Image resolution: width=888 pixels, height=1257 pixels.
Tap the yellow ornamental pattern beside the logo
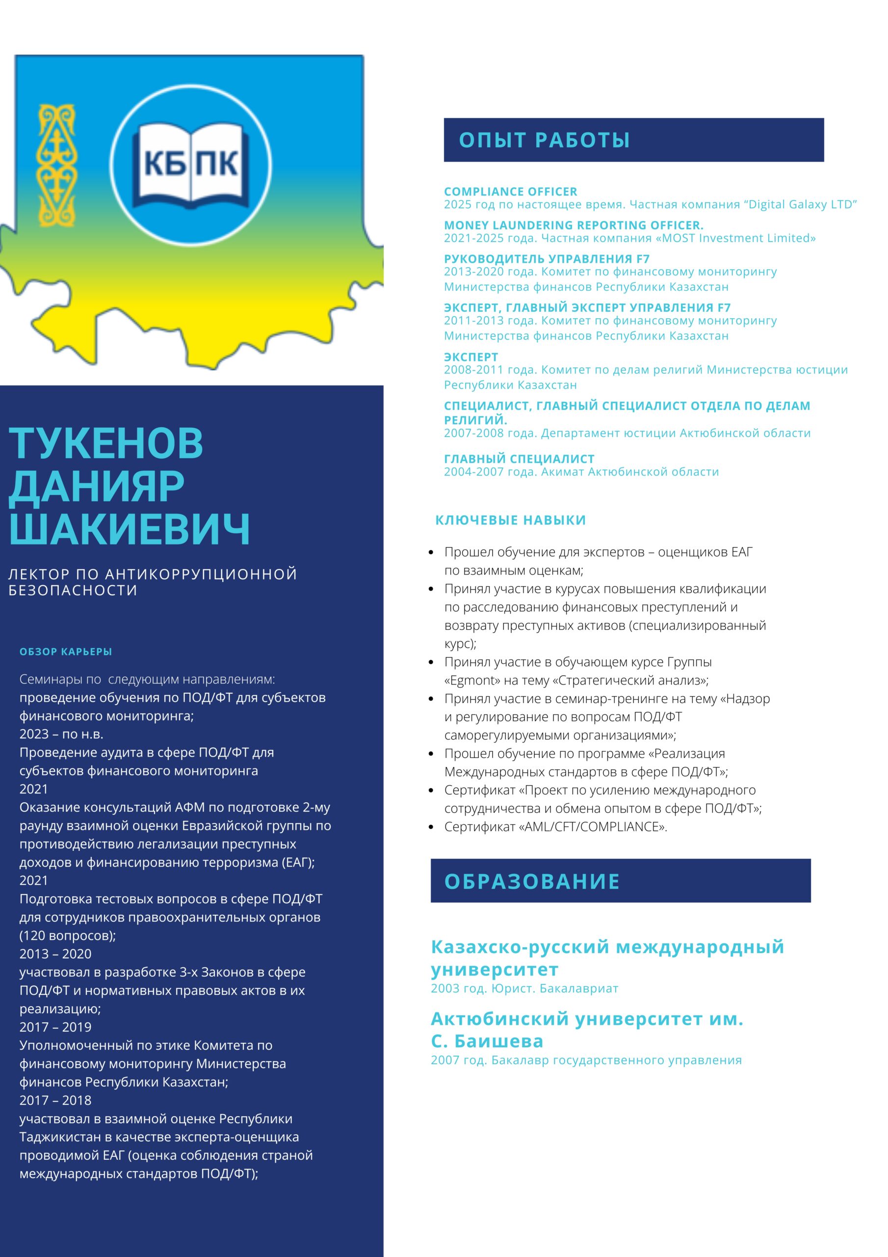56,166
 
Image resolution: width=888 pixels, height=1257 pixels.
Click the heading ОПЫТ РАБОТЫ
544,140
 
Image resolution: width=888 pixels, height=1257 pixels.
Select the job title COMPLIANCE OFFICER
510,191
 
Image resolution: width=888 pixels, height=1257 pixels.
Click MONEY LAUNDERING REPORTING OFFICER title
574,225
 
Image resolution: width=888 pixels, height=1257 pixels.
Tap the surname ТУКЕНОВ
106,443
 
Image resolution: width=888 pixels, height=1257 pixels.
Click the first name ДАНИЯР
96,486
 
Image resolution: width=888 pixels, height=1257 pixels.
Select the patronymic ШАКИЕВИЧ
129,529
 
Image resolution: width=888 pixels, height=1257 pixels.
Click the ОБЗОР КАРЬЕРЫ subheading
66,652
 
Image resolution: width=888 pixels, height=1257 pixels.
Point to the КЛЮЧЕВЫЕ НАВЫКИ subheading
510,520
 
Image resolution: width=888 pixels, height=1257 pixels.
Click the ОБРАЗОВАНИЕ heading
532,881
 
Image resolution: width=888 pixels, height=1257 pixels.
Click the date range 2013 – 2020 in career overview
55,954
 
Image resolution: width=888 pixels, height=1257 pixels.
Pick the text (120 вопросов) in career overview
67,936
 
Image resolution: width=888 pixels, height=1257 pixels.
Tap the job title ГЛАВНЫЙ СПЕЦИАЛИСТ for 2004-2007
519,459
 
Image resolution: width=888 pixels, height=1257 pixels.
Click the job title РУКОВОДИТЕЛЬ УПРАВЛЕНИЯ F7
547,259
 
